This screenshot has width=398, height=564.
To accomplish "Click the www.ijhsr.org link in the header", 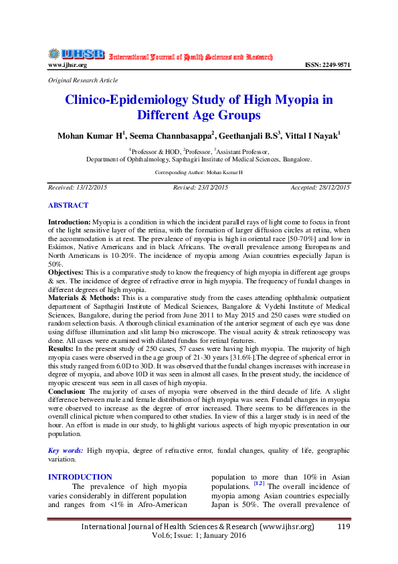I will coord(67,65).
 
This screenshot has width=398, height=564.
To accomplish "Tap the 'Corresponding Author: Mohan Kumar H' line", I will coord(199,172).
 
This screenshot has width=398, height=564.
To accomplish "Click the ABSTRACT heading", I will coord(68,205).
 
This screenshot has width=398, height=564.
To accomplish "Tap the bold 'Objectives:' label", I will coord(70,273).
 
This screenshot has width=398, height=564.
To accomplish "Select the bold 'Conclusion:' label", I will coord(67,389).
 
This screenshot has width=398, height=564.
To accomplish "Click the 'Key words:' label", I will coord(66,451).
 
